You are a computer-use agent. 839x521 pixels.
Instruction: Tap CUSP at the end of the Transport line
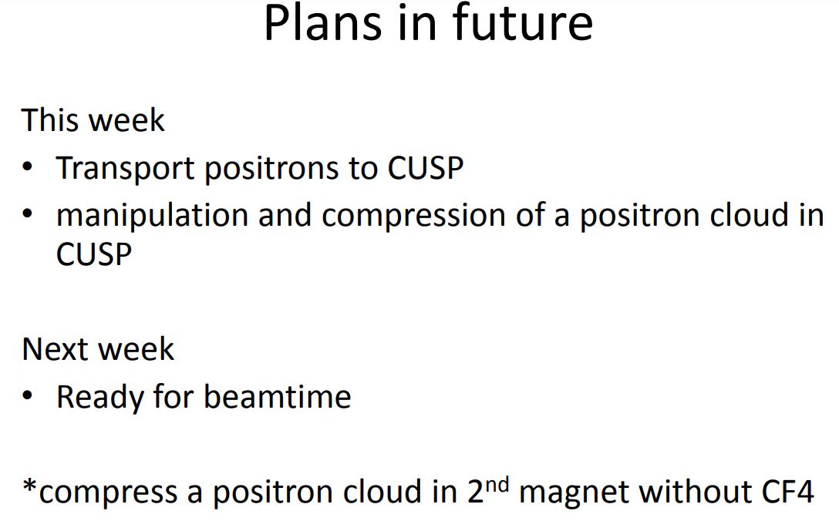(x=426, y=168)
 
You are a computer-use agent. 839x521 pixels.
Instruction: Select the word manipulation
(x=153, y=217)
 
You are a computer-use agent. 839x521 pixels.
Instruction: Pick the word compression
(x=413, y=217)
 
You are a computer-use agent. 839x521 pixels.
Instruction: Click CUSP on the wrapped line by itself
(x=93, y=254)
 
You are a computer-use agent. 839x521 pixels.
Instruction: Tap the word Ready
(x=99, y=398)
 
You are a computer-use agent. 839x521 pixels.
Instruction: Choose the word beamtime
(x=277, y=397)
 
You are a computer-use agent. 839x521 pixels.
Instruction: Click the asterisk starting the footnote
(x=30, y=487)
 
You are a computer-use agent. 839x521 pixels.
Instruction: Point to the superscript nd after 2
(x=497, y=485)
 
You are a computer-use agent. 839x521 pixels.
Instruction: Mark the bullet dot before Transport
(x=28, y=167)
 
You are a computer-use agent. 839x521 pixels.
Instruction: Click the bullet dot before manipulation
(x=28, y=214)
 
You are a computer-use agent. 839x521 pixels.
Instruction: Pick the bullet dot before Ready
(x=28, y=396)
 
